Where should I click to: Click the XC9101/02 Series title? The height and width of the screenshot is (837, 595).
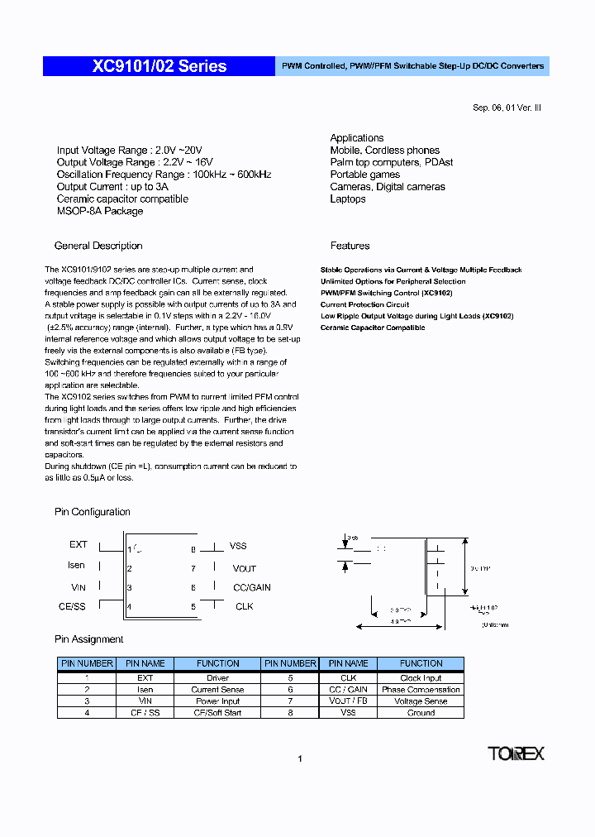tap(159, 66)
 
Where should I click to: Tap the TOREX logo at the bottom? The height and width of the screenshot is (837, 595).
tap(516, 753)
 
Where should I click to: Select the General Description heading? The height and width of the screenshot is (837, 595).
tap(98, 246)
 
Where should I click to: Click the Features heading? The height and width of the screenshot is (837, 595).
tap(350, 246)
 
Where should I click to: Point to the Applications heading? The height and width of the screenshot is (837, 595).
tap(357, 138)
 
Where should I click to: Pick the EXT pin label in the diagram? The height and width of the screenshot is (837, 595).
tap(79, 545)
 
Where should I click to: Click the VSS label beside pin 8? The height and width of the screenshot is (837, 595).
tap(238, 546)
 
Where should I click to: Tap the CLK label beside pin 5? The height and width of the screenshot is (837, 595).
tap(244, 606)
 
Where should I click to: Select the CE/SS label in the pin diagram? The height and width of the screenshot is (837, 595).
tap(72, 606)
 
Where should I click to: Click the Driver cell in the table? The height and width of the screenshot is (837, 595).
tap(218, 677)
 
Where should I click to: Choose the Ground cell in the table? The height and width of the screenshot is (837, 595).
tap(421, 712)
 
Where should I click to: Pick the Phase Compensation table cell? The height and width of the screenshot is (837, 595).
tap(421, 689)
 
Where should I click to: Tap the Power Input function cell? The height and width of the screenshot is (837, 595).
tap(218, 701)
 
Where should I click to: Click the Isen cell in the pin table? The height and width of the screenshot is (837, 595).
tap(145, 689)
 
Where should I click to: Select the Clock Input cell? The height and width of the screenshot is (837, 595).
tap(421, 677)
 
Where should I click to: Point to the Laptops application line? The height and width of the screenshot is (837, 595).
tap(348, 198)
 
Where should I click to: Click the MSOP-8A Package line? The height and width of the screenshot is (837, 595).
tap(100, 211)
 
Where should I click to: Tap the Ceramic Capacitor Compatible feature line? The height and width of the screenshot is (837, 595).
tap(373, 328)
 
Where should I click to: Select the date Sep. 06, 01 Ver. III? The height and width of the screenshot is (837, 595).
tap(507, 108)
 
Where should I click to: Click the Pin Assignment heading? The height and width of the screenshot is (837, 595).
tap(89, 639)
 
